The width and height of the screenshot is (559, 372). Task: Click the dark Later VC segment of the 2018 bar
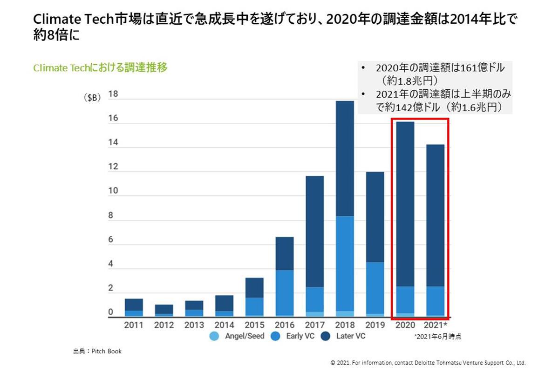(345, 158)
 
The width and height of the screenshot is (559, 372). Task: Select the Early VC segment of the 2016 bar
(285, 293)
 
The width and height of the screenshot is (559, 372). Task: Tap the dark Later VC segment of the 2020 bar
(405, 205)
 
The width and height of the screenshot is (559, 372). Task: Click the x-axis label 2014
(224, 325)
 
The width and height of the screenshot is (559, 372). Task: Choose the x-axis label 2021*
(436, 325)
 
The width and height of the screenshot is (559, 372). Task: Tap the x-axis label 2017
(314, 325)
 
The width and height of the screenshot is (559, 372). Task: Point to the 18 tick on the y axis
(113, 94)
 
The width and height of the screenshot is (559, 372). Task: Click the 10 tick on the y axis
(113, 191)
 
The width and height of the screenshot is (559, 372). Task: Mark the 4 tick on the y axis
(111, 264)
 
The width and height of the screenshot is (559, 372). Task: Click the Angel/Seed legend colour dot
(214, 336)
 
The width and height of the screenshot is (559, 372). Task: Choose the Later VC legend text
(351, 336)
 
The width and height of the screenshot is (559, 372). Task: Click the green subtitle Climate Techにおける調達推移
(100, 68)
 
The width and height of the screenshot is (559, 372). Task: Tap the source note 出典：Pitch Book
(94, 351)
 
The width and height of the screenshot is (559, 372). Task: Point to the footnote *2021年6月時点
(438, 336)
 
